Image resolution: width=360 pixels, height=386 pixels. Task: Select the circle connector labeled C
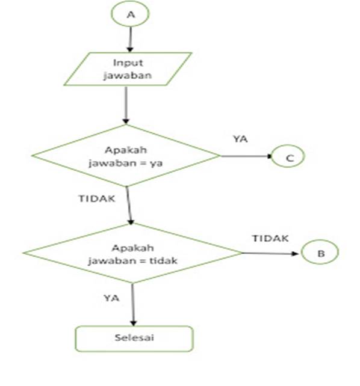pyautogui.click(x=288, y=158)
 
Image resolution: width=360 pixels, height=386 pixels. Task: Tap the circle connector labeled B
pyautogui.click(x=320, y=254)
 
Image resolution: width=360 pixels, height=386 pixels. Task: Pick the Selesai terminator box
pyautogui.click(x=134, y=339)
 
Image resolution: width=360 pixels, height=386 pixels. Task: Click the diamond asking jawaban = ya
pyautogui.click(x=126, y=157)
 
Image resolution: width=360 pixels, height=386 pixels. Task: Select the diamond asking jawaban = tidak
pyautogui.click(x=132, y=253)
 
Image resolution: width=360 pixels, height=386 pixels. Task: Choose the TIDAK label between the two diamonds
pyautogui.click(x=97, y=198)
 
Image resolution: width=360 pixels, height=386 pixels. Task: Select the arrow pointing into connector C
pyautogui.click(x=247, y=157)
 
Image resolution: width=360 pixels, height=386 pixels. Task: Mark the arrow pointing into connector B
pyautogui.click(x=271, y=253)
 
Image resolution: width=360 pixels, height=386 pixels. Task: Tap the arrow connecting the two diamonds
pyautogui.click(x=130, y=206)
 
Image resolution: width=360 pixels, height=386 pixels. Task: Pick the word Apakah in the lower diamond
pyautogui.click(x=133, y=247)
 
